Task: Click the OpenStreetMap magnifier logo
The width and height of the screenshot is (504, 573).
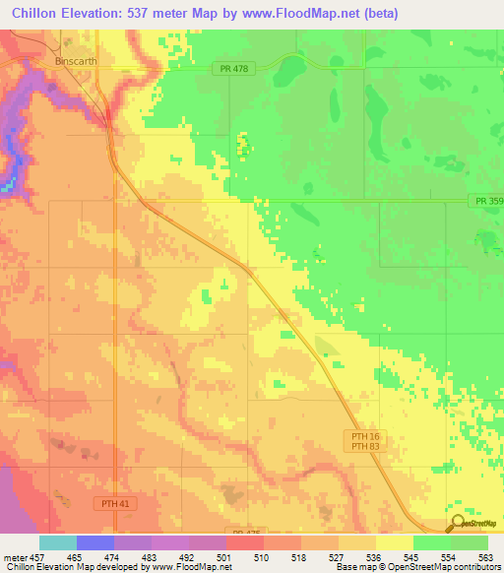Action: tap(460, 525)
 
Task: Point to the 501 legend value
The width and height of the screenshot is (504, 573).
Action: tap(227, 556)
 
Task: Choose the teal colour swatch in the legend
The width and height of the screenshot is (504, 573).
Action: tap(58, 542)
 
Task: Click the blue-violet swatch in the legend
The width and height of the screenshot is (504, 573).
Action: tap(95, 542)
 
